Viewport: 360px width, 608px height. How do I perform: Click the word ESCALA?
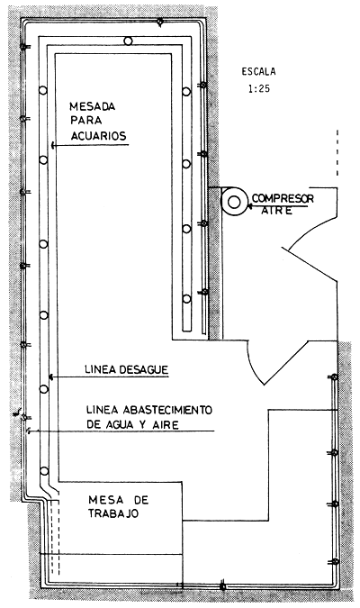[260, 71]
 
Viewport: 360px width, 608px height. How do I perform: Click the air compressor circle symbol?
[234, 201]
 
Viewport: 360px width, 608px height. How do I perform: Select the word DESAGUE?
[144, 369]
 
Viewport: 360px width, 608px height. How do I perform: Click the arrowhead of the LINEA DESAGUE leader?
[51, 377]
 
